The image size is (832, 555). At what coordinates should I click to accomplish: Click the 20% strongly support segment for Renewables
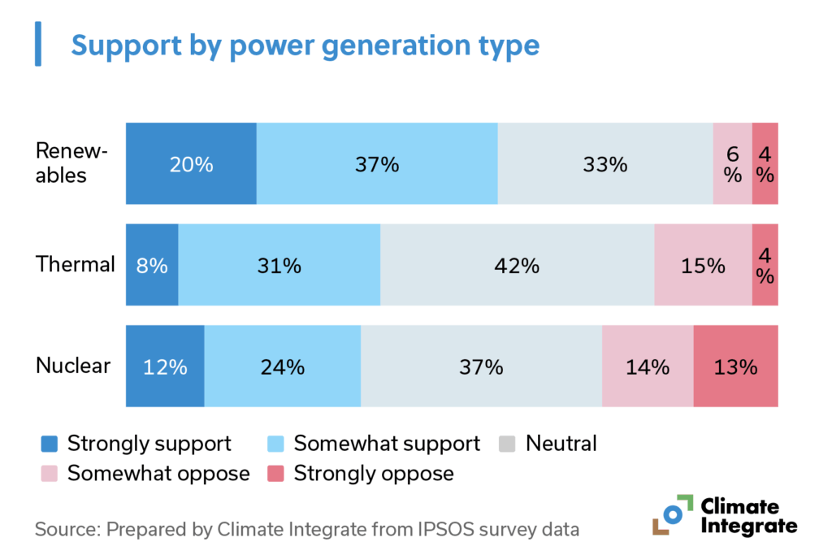coord(191,163)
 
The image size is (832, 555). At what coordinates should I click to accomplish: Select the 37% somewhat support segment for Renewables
coord(377,163)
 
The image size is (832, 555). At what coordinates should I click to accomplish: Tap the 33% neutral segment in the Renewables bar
coord(605,163)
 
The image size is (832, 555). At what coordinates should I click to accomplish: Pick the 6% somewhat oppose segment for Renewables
coord(732,163)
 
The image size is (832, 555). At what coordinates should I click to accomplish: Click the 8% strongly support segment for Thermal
coord(152,265)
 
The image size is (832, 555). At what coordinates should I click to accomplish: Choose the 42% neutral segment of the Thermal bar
coord(517,265)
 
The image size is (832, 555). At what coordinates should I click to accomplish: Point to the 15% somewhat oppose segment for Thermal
coord(703,265)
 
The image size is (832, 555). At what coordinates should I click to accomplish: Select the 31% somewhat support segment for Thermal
coord(279,265)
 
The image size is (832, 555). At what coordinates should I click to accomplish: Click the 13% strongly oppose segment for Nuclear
coord(735,366)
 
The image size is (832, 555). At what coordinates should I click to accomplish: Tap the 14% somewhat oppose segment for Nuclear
coord(648,366)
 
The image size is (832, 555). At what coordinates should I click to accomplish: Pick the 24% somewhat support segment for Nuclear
coord(282,366)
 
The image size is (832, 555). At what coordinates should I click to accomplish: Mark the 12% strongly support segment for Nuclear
coord(165,366)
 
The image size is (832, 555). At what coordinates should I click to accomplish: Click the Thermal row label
coord(75,264)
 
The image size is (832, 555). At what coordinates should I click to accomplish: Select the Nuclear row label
coord(72,366)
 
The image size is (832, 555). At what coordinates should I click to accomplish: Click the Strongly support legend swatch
coord(50,444)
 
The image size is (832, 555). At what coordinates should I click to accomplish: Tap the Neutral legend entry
coord(561,444)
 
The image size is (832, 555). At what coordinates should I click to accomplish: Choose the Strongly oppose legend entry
coord(373,472)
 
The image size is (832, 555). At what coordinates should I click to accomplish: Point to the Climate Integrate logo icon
coord(671,514)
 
